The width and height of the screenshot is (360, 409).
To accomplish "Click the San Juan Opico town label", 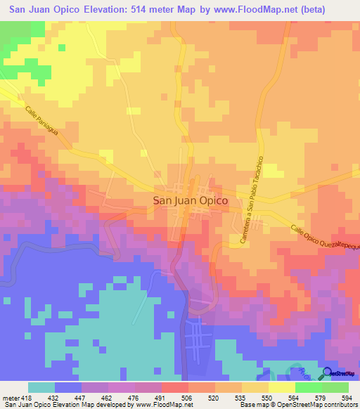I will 190,200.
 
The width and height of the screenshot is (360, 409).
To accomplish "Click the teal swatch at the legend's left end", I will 41,387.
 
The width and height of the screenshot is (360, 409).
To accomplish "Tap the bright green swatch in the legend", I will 308,387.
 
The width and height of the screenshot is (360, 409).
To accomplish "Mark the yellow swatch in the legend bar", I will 281,387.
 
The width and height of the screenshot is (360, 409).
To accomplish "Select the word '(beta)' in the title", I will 335,9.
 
